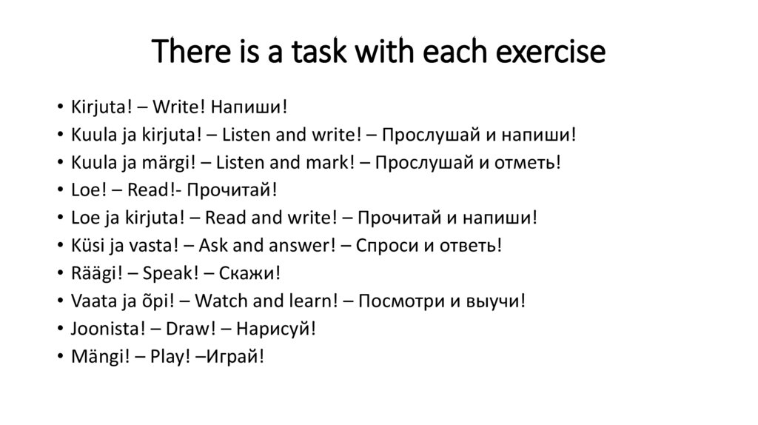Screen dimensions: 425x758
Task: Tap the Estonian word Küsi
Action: tap(88, 245)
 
